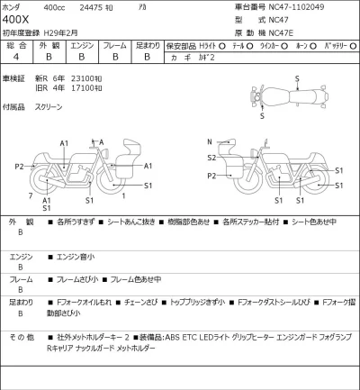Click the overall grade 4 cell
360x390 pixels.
[x=16, y=57]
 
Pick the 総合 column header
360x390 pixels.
[x=16, y=44]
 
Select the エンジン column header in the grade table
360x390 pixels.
[x=82, y=44]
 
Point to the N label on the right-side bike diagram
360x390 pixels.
[x=209, y=141]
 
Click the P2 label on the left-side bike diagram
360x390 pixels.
[x=19, y=167]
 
